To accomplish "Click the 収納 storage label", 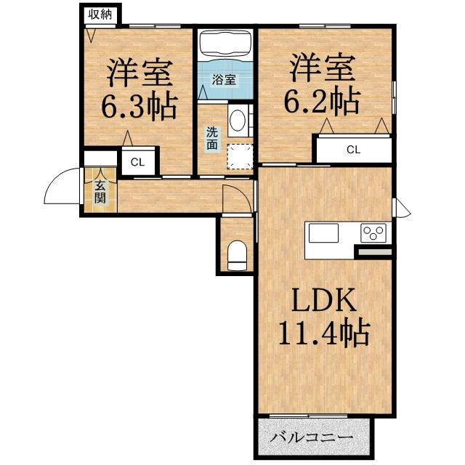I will coord(100,14).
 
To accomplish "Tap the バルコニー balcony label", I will coord(313,438).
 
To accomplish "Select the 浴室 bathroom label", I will coord(224,80).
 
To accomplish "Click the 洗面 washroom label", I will coord(211,138).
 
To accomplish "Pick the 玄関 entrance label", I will coord(100,191).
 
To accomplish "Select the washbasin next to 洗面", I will coord(238,122).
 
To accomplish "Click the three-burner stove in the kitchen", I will coord(375,233).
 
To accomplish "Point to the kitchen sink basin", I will coord(323,233).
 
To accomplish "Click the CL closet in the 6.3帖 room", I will coord(137,162).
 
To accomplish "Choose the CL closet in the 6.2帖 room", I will coord(353,150).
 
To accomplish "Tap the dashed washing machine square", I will coord(238,155).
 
